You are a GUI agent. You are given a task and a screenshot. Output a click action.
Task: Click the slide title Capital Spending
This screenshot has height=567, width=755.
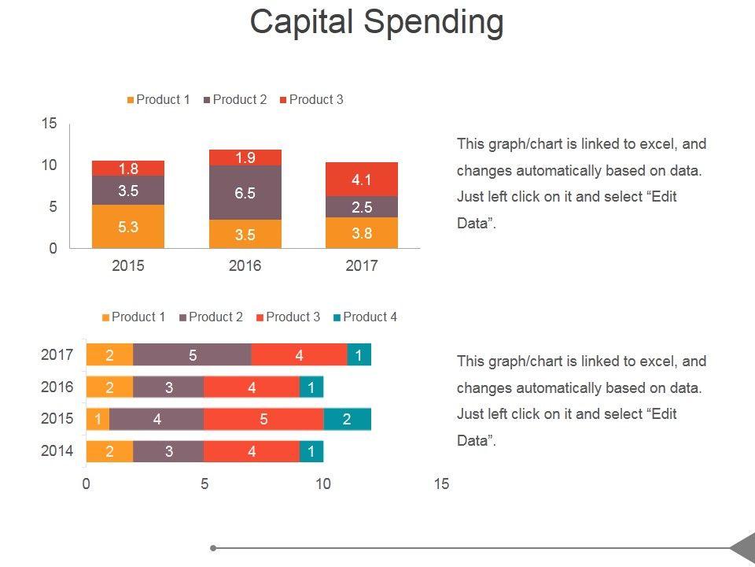click(377, 22)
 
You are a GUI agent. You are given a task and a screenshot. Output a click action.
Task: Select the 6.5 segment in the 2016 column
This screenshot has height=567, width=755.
click(245, 193)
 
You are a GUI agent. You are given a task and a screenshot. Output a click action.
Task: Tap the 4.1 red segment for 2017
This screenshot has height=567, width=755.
click(362, 180)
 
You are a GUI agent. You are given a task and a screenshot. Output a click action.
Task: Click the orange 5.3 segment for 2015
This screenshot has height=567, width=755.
click(128, 227)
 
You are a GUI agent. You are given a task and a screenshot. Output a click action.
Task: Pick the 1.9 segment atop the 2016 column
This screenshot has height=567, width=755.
click(245, 157)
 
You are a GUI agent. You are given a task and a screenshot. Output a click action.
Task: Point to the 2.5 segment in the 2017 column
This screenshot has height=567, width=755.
click(362, 207)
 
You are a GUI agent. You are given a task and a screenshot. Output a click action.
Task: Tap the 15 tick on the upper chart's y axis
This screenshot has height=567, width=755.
click(50, 123)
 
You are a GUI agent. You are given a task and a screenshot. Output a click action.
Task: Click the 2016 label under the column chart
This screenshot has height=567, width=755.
click(245, 265)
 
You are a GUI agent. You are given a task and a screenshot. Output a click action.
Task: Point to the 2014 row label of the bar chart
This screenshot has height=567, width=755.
click(57, 451)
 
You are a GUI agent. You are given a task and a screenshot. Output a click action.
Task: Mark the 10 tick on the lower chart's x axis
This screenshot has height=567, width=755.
click(323, 484)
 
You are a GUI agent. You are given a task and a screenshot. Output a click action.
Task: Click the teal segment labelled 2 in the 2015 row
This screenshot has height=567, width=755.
click(347, 419)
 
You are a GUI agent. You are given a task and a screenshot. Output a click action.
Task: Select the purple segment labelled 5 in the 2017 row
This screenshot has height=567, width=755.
click(193, 355)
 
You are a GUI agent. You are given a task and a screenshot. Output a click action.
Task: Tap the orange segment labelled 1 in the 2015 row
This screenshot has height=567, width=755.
click(98, 419)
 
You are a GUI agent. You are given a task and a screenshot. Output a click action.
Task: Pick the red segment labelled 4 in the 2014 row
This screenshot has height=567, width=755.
click(252, 451)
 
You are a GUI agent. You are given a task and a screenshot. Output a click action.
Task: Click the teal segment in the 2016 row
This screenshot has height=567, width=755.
click(311, 387)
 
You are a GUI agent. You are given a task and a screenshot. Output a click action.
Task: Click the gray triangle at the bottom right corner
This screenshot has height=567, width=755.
click(744, 547)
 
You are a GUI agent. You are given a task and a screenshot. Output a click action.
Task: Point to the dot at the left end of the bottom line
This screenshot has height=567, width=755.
click(213, 547)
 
